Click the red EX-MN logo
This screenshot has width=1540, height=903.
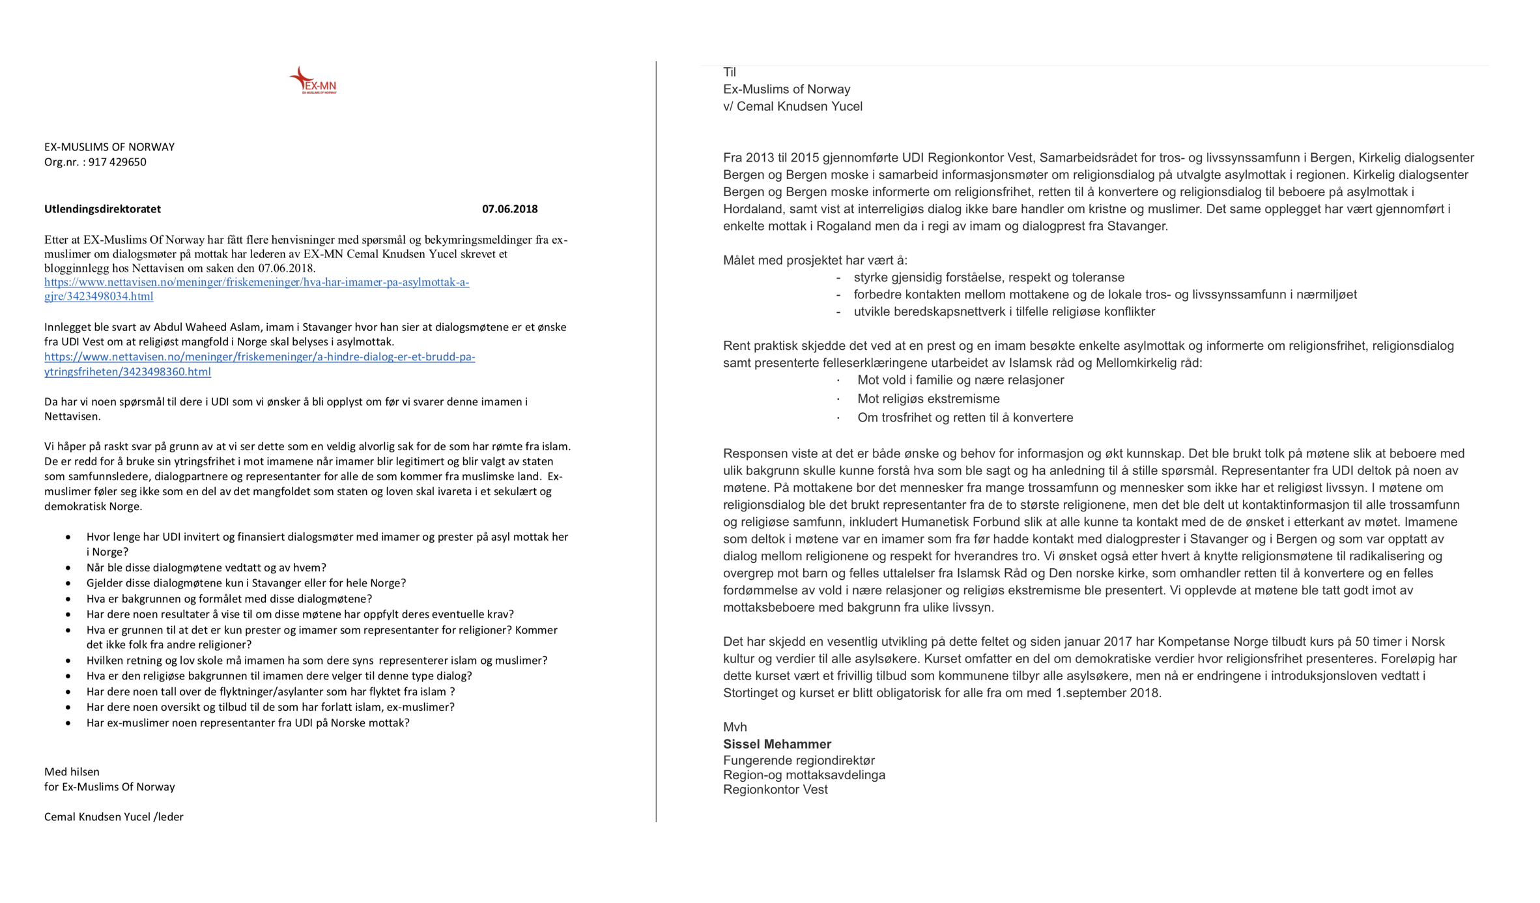313,81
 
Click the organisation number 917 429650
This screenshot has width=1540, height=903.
117,162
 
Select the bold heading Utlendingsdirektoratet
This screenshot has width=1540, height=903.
102,209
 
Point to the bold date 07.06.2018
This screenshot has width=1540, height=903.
509,209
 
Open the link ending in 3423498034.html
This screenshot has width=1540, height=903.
257,289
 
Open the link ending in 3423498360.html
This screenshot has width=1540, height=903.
259,364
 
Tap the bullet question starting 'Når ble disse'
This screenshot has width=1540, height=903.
206,567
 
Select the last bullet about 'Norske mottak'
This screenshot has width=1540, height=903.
248,723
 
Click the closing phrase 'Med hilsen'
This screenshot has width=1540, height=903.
72,772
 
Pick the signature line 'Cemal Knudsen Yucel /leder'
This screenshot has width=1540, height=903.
114,817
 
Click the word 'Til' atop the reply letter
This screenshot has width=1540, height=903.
730,72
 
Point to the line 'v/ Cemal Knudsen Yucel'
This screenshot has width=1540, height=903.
792,106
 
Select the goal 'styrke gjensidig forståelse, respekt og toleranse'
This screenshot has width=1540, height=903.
989,278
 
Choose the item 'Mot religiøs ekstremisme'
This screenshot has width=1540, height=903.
928,399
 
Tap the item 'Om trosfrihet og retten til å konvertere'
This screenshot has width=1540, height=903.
965,418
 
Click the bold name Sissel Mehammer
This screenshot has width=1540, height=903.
777,744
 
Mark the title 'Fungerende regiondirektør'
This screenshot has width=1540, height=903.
799,760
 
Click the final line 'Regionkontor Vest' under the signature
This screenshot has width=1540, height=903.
775,790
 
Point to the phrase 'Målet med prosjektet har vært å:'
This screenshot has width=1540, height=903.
815,261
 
